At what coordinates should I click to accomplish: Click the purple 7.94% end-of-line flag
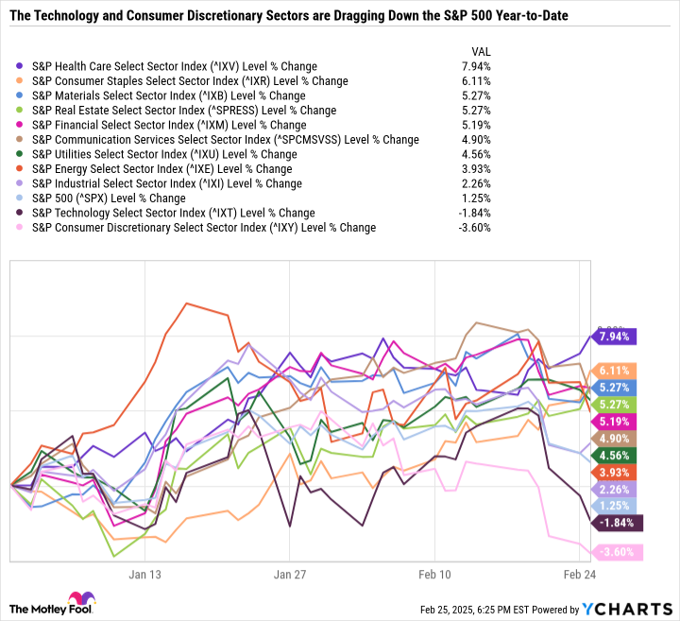[x=615, y=336]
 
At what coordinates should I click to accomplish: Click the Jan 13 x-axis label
[x=146, y=573]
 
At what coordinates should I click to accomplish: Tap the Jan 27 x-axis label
[x=290, y=573]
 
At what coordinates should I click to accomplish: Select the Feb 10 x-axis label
[x=433, y=573]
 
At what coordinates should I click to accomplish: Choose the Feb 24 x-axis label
[x=577, y=573]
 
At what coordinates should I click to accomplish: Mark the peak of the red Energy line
[x=187, y=303]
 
